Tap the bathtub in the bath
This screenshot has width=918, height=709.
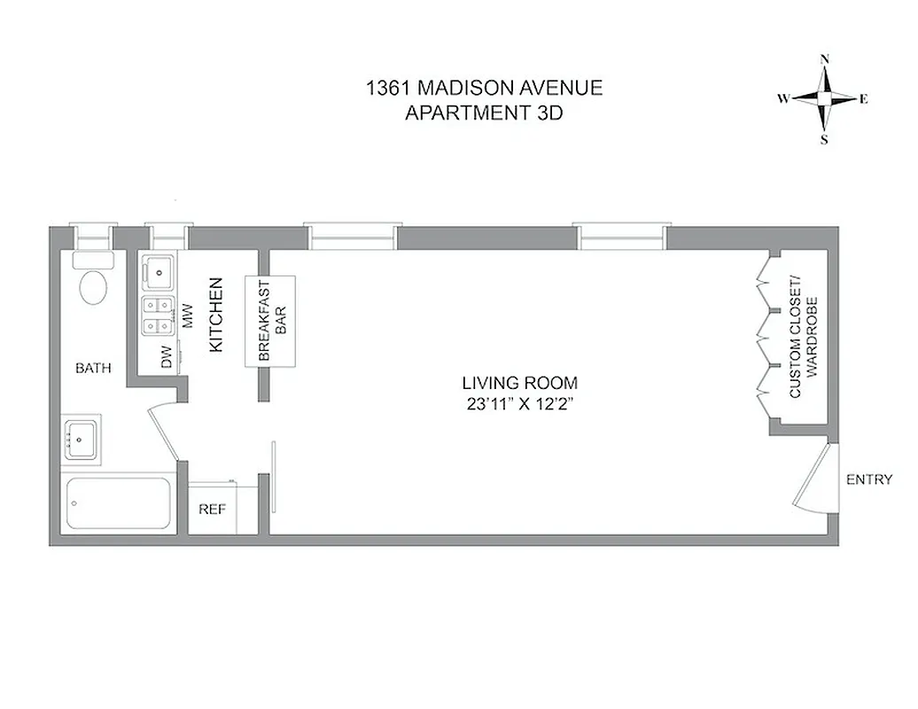click(x=117, y=503)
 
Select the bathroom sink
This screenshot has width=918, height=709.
click(x=82, y=439)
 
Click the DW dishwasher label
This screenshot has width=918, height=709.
click(x=166, y=358)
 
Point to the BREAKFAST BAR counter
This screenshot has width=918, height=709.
click(x=269, y=320)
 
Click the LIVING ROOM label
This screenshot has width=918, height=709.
click(x=519, y=384)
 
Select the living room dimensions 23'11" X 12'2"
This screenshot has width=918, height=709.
click(x=519, y=403)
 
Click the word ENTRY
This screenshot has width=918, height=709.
click(x=868, y=480)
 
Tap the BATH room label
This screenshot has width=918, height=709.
click(x=93, y=368)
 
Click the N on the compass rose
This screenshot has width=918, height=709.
click(x=825, y=59)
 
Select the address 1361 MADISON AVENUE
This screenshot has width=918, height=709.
click(x=484, y=89)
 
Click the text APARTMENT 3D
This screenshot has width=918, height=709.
click(x=484, y=113)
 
